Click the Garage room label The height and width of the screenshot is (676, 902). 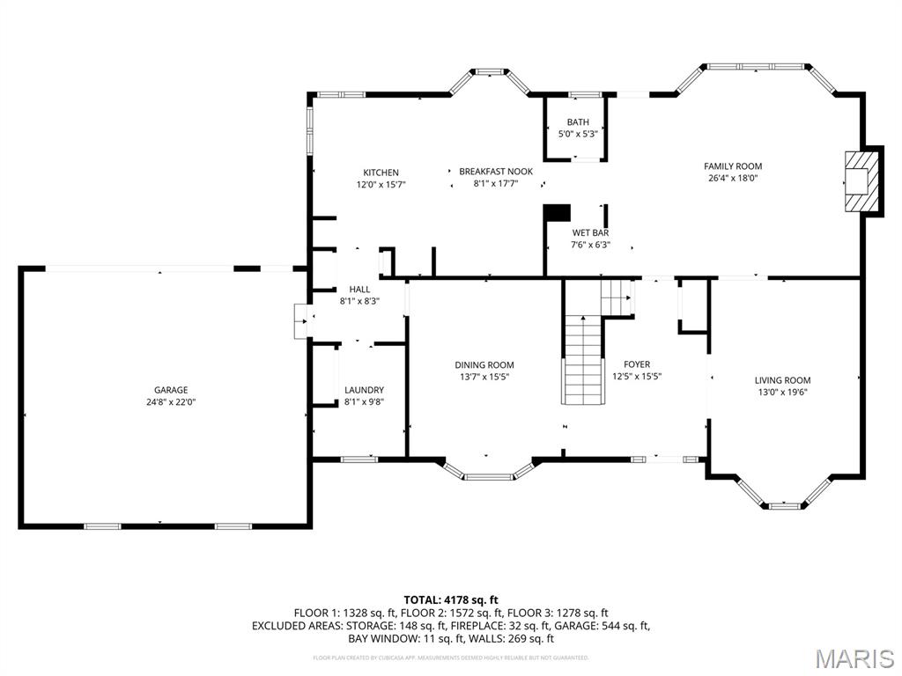[x=171, y=390]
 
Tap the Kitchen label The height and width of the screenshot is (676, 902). [x=381, y=173]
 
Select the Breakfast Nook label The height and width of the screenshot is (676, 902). [x=496, y=172]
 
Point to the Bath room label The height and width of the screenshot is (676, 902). [x=578, y=122]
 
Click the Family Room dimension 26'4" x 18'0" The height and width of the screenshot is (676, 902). [x=733, y=178]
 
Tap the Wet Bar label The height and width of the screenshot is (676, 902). [x=590, y=233]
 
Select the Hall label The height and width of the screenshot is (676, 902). [x=359, y=289]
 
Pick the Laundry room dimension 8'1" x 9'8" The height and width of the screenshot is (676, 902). [x=364, y=402]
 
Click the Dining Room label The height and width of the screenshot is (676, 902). [x=484, y=364]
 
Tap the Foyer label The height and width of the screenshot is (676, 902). [x=637, y=364]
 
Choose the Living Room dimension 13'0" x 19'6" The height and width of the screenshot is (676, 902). [x=782, y=393]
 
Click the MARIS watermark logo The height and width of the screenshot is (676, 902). [x=854, y=659]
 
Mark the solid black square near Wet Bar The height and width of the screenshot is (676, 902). [x=558, y=213]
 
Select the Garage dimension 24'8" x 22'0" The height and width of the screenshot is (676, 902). [x=171, y=402]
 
